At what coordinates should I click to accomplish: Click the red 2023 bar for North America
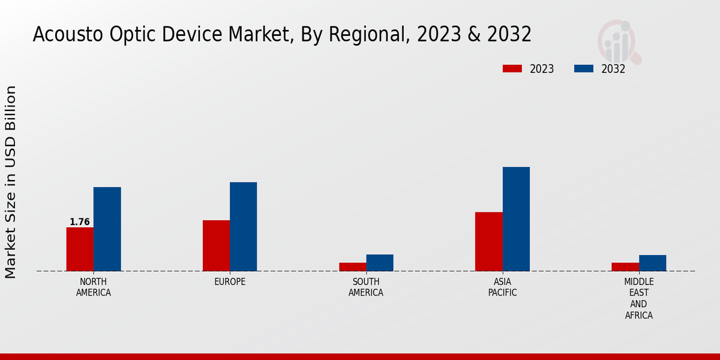(80, 249)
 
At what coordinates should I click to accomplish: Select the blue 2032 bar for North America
(107, 229)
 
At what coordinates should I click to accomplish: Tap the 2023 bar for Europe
(216, 245)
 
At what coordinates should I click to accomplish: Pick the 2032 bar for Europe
(243, 226)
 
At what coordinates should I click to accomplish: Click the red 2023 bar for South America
(352, 266)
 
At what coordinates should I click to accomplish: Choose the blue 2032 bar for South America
(380, 263)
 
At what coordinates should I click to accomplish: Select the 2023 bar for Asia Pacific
(488, 241)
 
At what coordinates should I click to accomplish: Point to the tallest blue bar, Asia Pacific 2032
(516, 218)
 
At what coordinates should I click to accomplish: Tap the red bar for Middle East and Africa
(625, 266)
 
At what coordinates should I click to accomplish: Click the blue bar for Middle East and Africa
(652, 263)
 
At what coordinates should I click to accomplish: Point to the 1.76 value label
(80, 222)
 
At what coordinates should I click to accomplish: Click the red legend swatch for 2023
(512, 68)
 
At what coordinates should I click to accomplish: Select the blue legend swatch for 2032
(583, 68)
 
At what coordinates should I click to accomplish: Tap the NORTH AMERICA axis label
(94, 287)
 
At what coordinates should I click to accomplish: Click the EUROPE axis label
(230, 282)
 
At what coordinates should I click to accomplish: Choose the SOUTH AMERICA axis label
(366, 287)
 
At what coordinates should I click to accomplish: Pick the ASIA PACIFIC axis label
(502, 287)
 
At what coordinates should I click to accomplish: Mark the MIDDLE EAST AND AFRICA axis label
(639, 298)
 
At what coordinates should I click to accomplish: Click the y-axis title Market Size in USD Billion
(11, 182)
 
